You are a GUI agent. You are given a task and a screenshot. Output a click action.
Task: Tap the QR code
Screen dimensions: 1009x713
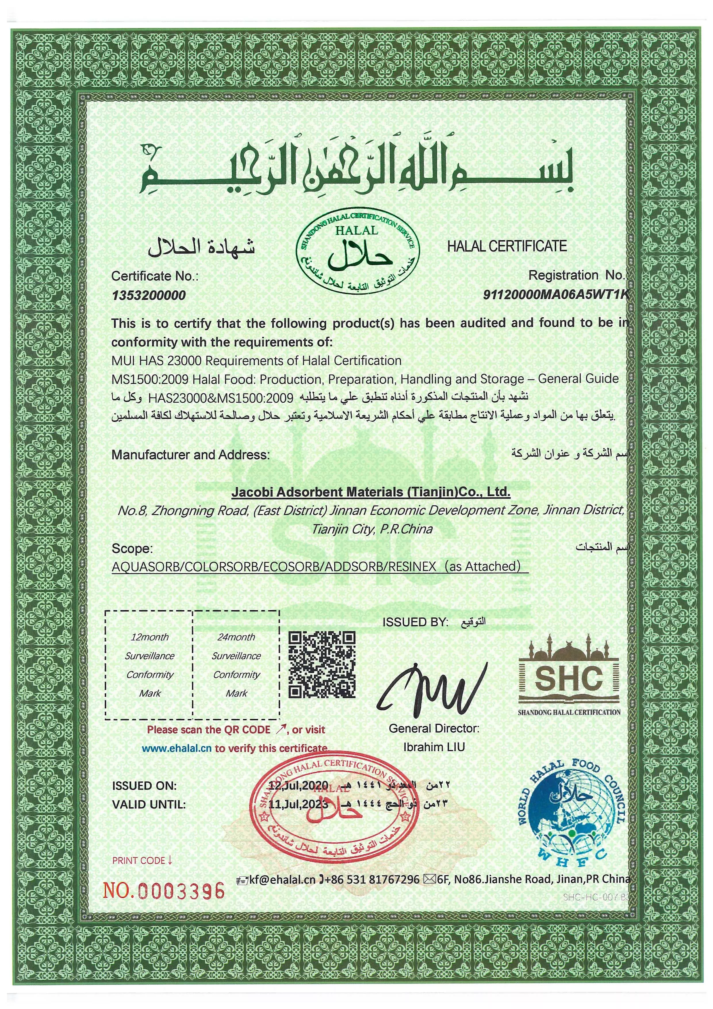click(322, 665)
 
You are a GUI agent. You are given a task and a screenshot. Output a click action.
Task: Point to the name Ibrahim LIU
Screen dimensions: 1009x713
click(434, 747)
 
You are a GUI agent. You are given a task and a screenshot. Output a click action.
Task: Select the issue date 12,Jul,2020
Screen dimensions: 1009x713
click(298, 785)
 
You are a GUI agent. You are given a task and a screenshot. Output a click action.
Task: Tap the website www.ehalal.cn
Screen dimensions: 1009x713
click(177, 748)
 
